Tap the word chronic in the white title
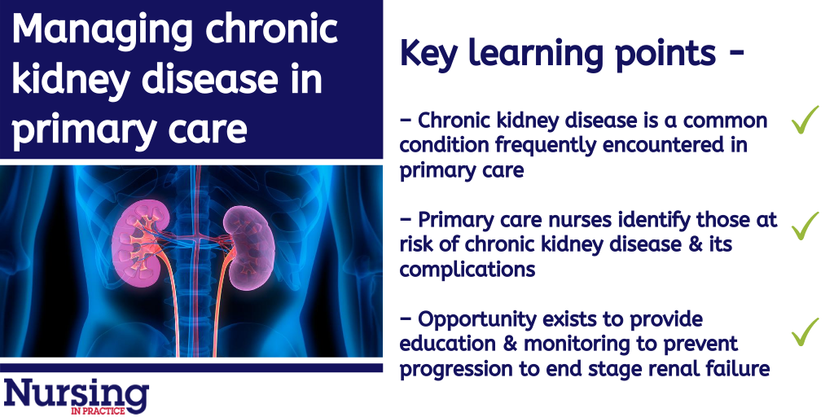pyautogui.click(x=271, y=29)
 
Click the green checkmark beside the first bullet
pyautogui.click(x=805, y=120)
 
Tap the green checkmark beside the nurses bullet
pyautogui.click(x=805, y=226)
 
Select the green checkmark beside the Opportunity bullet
pyautogui.click(x=805, y=332)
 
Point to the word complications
pyautogui.click(x=467, y=270)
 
